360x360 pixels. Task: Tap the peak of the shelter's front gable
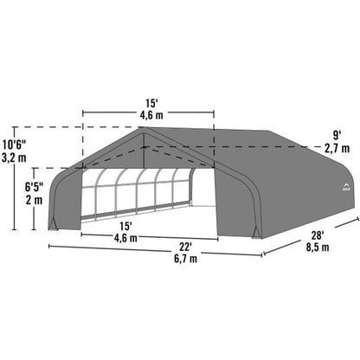coord(144,129)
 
